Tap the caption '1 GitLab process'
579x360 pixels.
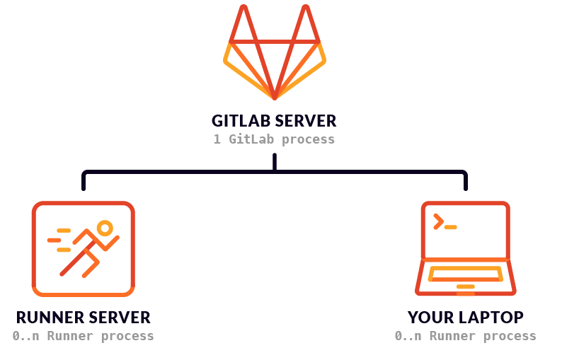coord(274,139)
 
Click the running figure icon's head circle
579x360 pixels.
coord(105,228)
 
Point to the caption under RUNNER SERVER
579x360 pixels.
coord(83,336)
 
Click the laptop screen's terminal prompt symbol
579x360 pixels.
coord(439,221)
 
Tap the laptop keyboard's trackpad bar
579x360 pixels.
coord(465,286)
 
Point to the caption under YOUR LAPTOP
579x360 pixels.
coord(465,336)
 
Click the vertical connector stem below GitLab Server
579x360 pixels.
coord(275,163)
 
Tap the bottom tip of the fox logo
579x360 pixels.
coord(275,96)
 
